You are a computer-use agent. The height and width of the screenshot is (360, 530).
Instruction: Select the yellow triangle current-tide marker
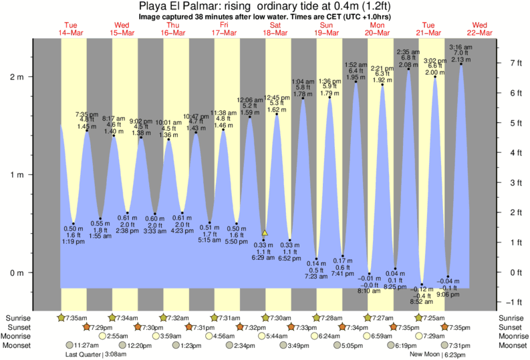[265, 233]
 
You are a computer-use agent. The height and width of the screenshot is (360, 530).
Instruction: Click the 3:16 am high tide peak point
[461, 64]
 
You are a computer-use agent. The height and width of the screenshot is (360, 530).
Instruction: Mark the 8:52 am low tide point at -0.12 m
[422, 284]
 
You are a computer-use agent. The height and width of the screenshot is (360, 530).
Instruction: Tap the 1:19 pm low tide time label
[73, 241]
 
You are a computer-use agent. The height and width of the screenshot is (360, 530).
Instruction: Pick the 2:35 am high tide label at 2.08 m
[408, 52]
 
